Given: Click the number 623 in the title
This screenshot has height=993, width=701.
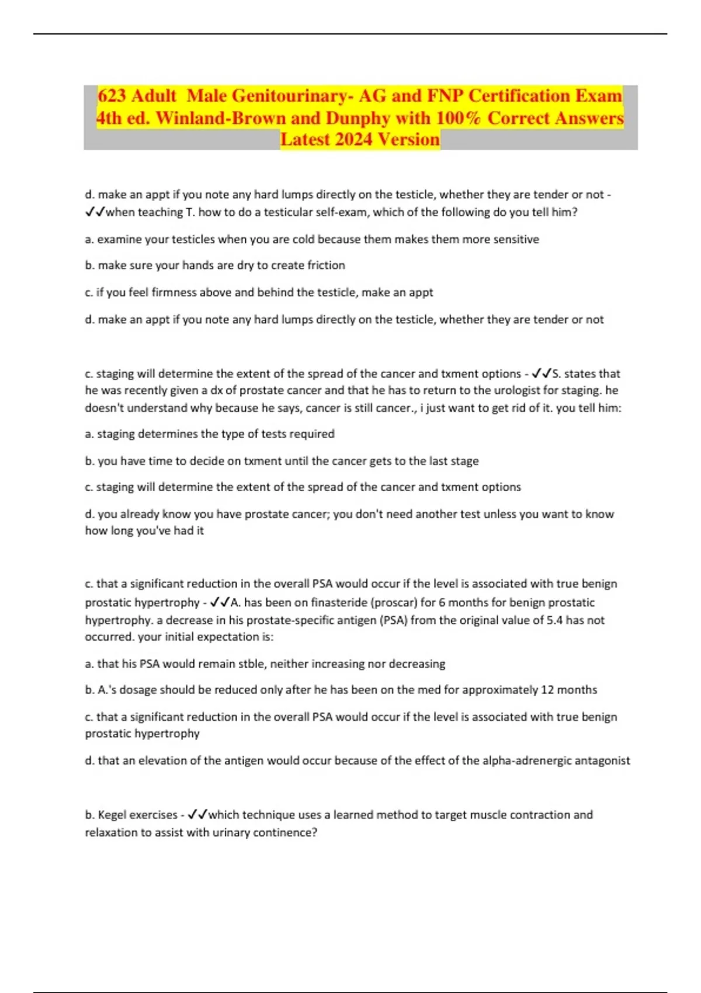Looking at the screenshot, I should pos(112,96).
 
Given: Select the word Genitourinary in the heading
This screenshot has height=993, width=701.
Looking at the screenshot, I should pos(289,96).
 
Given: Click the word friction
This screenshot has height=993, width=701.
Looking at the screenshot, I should pos(325,265).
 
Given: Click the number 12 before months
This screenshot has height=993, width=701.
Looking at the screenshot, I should pos(547,690).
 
